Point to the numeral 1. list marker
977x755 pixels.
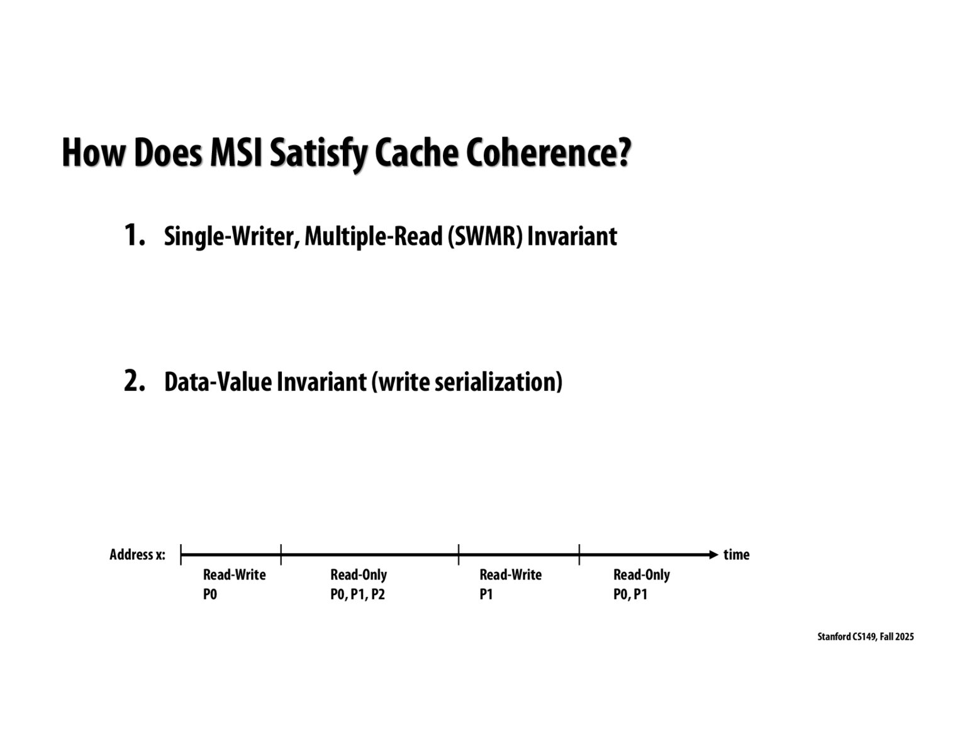point(135,235)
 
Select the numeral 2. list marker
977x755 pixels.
point(135,381)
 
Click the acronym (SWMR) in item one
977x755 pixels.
point(485,237)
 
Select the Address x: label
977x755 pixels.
point(137,555)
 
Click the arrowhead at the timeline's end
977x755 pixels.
point(713,554)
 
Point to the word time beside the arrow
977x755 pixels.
point(737,555)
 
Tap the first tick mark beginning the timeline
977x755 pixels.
point(181,554)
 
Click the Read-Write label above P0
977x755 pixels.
point(234,575)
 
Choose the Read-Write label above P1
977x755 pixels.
point(510,575)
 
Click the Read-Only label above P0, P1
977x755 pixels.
point(641,575)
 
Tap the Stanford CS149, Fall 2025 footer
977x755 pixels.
point(865,637)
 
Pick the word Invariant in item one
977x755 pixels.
point(572,237)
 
